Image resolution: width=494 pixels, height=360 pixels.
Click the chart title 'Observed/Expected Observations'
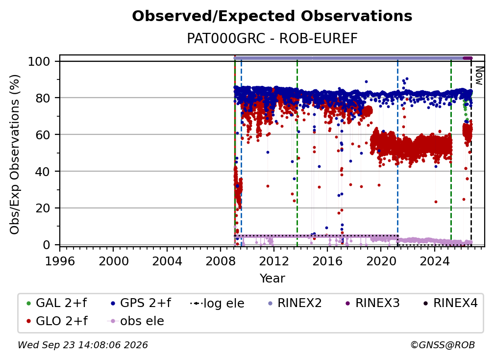pos(272,16)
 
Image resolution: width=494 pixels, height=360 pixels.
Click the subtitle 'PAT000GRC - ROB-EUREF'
pos(272,38)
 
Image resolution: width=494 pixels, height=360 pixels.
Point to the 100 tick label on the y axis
pos(39,61)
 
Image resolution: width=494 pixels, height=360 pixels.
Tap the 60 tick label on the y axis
pos(43,134)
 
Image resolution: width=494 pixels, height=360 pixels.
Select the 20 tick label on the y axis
pos(43,208)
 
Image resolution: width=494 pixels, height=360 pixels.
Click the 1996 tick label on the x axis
pos(60,261)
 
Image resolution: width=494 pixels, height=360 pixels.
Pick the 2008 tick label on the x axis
pos(220,261)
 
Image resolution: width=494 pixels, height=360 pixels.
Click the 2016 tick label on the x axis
pos(327,261)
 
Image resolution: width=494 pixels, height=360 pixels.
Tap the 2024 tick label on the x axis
pos(434,261)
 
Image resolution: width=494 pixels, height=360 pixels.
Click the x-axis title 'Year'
pos(272,278)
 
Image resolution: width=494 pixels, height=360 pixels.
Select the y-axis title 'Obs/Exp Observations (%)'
pos(15,154)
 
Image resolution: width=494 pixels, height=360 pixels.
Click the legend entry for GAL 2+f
pos(57,303)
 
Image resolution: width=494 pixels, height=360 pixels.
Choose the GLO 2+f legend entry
pos(57,321)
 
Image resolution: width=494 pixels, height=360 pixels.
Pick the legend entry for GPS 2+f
pos(141,303)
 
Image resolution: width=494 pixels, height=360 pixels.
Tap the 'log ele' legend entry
pos(218,303)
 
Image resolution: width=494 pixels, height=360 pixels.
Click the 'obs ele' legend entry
pos(136,321)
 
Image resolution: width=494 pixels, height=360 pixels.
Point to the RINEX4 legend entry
pos(450,303)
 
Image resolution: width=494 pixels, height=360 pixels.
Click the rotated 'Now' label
pos(479,76)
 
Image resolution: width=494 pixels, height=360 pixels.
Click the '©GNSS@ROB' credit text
pos(443,345)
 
